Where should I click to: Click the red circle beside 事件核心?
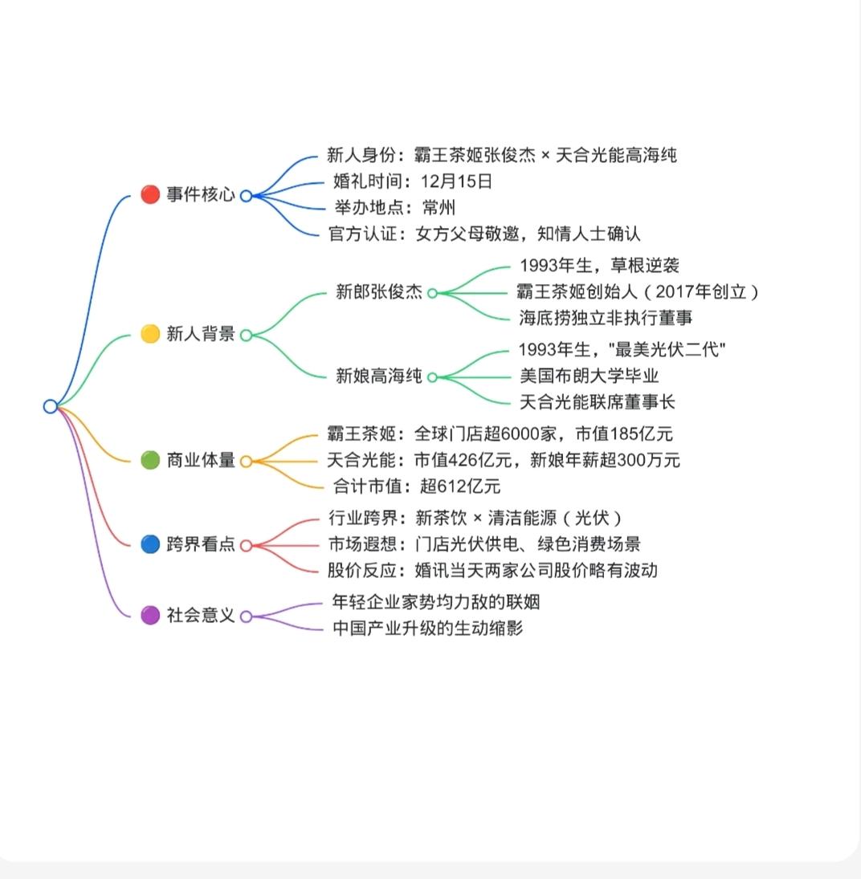pyautogui.click(x=150, y=194)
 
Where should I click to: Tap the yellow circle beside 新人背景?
pyautogui.click(x=150, y=334)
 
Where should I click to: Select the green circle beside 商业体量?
pyautogui.click(x=150, y=461)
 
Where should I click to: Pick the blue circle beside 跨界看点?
pyautogui.click(x=150, y=544)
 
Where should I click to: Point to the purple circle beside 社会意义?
pyautogui.click(x=150, y=616)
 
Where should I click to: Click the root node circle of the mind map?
pyautogui.click(x=51, y=406)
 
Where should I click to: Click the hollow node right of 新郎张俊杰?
pyautogui.click(x=432, y=293)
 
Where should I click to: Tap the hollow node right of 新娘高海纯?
pyautogui.click(x=432, y=376)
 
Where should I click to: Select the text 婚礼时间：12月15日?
pyautogui.click(x=412, y=181)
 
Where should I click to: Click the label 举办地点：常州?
pyautogui.click(x=394, y=208)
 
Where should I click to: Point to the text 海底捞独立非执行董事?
pyautogui.click(x=606, y=318)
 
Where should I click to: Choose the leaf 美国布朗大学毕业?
pyautogui.click(x=590, y=376)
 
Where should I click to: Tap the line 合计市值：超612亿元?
pyautogui.click(x=416, y=486)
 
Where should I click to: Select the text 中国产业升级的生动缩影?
pyautogui.click(x=427, y=628)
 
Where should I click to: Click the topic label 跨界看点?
pyautogui.click(x=201, y=544)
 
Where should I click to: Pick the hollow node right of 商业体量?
pyautogui.click(x=246, y=461)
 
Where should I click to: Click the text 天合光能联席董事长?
pyautogui.click(x=598, y=401)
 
